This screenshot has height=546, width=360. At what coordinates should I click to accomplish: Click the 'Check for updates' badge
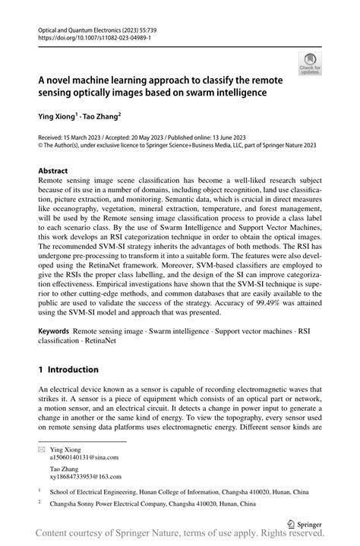[x=310, y=63]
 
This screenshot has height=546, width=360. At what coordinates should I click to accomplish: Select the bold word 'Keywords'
[x=54, y=332]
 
